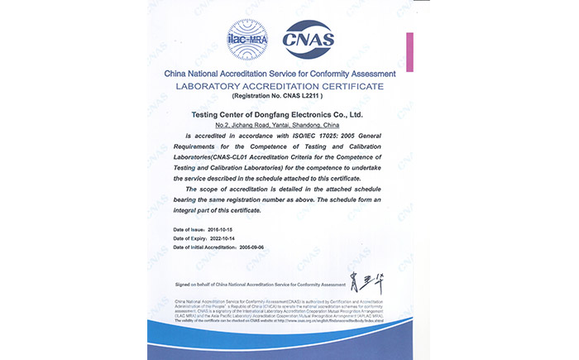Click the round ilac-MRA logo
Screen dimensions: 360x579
coord(250,39)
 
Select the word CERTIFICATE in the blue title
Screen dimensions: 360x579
coord(351,85)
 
